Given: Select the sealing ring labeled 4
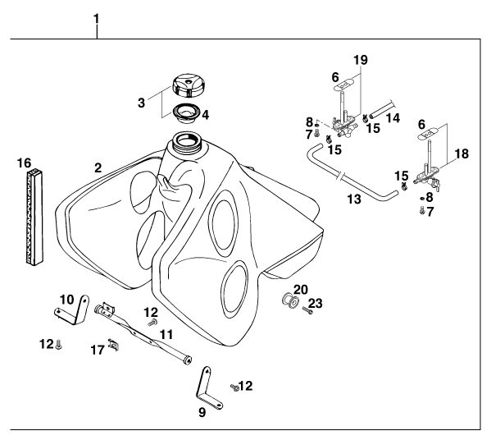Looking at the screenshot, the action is click(187, 113).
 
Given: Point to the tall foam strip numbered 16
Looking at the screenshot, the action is click(34, 217).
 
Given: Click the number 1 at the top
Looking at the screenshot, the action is click(97, 19).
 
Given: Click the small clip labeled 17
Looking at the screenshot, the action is click(113, 344).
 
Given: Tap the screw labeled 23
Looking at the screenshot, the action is click(307, 310).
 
